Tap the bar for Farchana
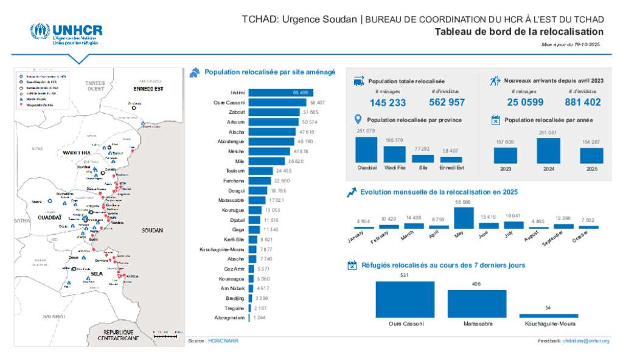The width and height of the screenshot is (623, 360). (260, 181)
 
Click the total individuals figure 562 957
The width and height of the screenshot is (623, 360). (447, 102)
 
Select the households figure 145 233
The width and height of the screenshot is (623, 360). (388, 103)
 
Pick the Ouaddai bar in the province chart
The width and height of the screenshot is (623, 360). (366, 150)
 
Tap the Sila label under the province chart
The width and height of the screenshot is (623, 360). (423, 168)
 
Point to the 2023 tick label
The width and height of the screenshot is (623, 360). (505, 168)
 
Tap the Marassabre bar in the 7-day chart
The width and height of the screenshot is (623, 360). (477, 303)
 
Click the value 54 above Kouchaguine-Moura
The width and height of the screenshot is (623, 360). (548, 308)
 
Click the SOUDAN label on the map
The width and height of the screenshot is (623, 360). (151, 231)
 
